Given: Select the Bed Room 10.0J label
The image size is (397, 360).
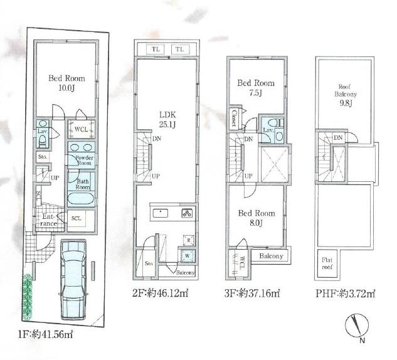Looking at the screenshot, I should pyautogui.click(x=66, y=84).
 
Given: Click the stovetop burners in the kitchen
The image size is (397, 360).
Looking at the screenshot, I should pyautogui.click(x=187, y=213).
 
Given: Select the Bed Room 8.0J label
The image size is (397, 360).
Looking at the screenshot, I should pyautogui.click(x=255, y=218).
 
